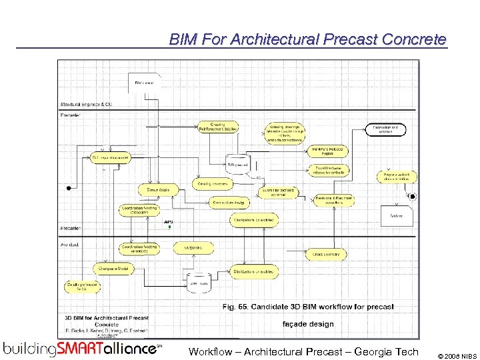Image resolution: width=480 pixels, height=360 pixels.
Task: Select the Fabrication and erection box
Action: coord(385,130)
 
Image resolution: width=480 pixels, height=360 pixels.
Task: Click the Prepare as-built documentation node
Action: coord(396,177)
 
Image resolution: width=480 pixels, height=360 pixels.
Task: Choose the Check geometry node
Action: coord(327,254)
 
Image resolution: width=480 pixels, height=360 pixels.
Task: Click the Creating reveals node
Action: coord(213,183)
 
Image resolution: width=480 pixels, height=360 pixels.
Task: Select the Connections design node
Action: coord(229,202)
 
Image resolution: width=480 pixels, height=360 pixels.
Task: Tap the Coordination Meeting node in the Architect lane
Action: coord(139,248)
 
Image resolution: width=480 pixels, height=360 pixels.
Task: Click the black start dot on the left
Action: coord(68,188)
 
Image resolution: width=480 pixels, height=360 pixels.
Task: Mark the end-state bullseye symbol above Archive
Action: coord(413,196)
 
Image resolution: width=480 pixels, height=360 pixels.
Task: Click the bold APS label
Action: coord(169,221)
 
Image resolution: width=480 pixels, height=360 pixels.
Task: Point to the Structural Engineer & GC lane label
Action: coord(86,105)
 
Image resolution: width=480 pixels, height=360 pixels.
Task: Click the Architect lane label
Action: coord(70,245)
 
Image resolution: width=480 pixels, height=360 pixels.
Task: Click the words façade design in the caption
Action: coord(308,323)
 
